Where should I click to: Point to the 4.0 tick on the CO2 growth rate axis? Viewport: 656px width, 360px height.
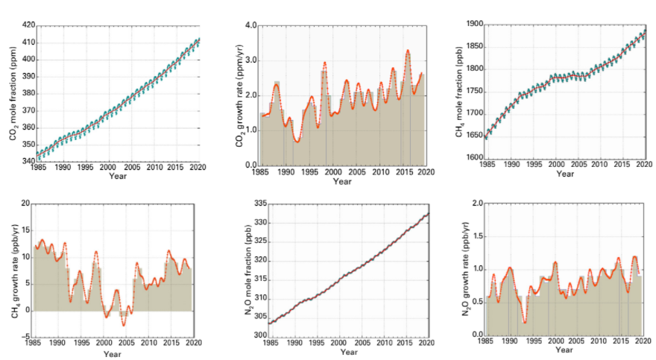250,25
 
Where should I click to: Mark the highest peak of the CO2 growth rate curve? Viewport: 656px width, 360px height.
408,51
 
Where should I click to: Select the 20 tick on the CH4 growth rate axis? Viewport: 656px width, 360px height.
24,203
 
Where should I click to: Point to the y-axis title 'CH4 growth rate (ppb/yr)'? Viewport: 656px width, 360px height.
13,270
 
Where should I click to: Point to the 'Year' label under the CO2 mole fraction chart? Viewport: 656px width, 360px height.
118,177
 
